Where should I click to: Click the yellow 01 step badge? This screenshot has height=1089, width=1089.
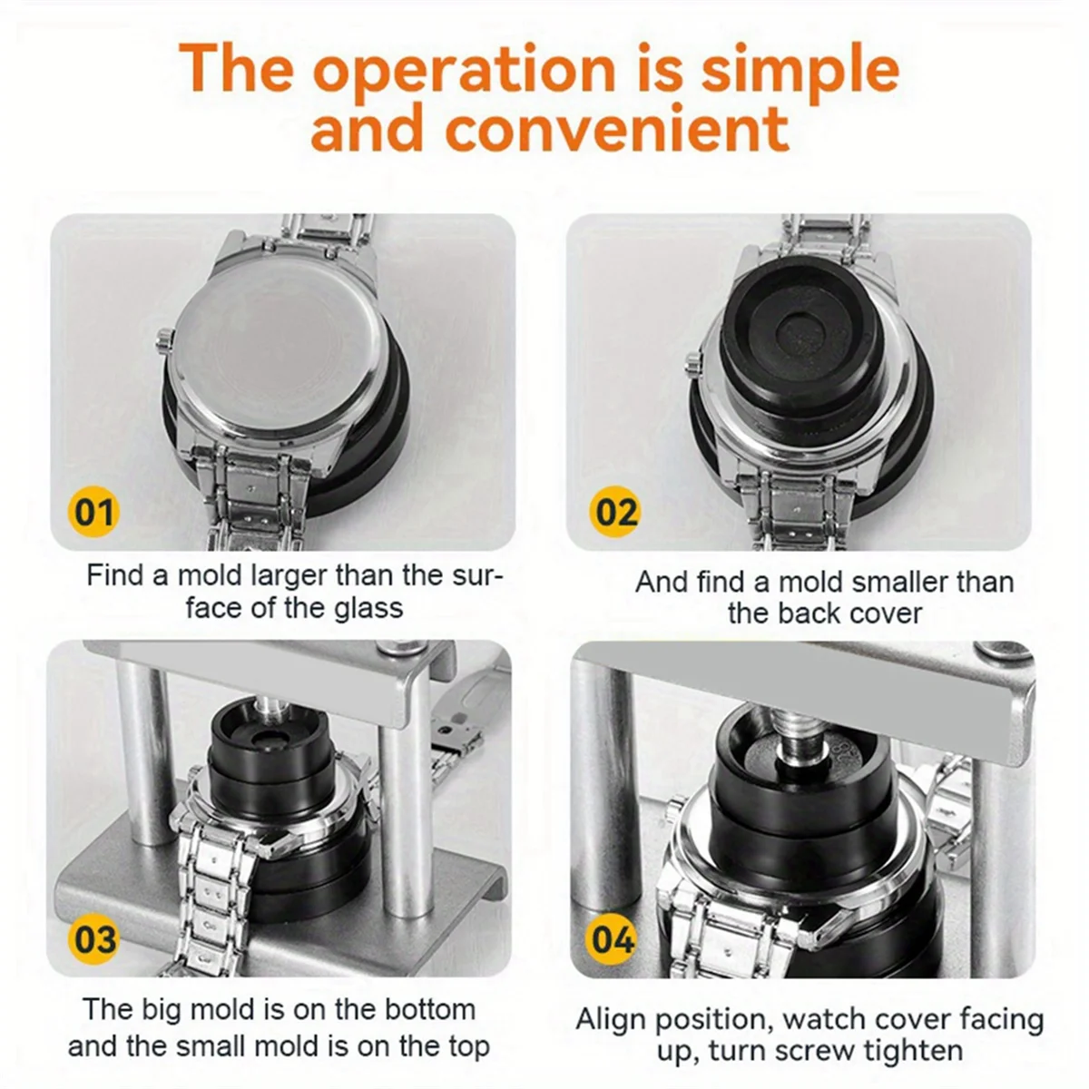pyautogui.click(x=93, y=512)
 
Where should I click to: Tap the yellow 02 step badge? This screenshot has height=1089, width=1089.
pyautogui.click(x=616, y=512)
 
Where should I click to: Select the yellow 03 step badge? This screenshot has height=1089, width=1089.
pyautogui.click(x=93, y=937)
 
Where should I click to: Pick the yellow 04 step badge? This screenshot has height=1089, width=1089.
pyautogui.click(x=613, y=937)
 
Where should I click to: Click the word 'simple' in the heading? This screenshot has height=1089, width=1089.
pyautogui.click(x=800, y=71)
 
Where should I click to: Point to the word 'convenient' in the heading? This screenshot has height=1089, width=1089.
pyautogui.click(x=616, y=128)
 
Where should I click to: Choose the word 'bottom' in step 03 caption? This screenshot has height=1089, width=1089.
pyautogui.click(x=429, y=1009)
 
